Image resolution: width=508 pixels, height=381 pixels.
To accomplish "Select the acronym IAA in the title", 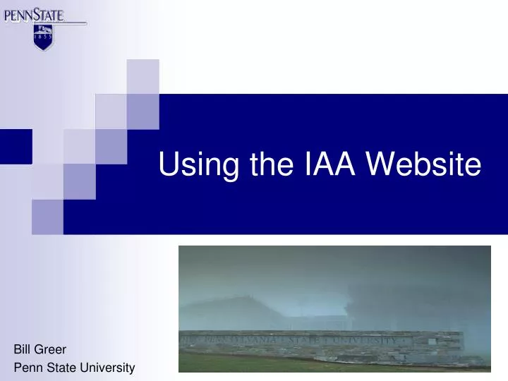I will tap(328, 164).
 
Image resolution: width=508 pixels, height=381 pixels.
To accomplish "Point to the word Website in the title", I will tap(424, 164).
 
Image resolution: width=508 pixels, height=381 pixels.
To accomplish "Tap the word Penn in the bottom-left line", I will tap(26, 368).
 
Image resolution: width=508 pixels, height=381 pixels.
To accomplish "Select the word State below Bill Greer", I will tap(60, 368).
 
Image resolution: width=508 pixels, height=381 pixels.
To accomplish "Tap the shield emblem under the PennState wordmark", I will tap(43, 37).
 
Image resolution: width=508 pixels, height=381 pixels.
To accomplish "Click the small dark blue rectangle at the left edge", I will tap(16, 146).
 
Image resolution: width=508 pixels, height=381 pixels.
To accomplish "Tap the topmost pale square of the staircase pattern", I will tap(143, 76).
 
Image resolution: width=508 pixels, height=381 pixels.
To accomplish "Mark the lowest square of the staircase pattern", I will tap(47, 216).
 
